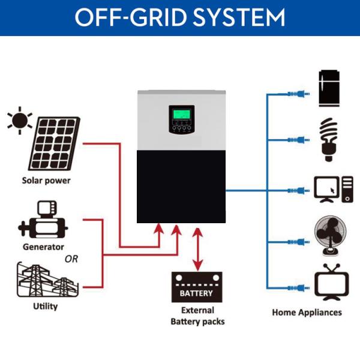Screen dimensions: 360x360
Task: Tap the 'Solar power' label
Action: click(46, 181)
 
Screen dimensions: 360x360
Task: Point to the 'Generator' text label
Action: click(43, 247)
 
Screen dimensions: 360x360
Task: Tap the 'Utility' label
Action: click(46, 307)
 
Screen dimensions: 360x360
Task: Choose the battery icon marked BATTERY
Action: click(196, 287)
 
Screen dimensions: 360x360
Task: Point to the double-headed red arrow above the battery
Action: click(196, 250)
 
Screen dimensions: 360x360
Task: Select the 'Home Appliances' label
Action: click(307, 312)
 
